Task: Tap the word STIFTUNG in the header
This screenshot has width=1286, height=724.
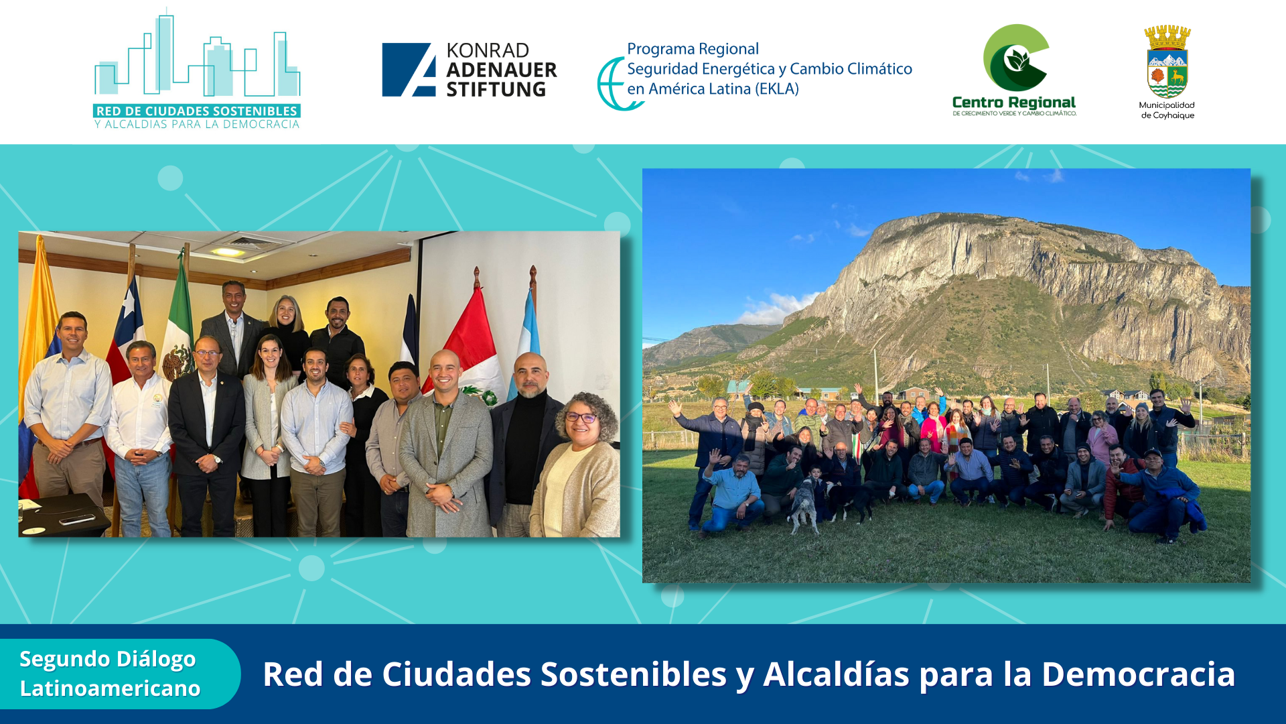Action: coord(496,89)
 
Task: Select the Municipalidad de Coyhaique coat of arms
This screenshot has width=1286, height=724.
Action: coord(1167,62)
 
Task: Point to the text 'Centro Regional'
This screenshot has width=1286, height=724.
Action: coord(1014,103)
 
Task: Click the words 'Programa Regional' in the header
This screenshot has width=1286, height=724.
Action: coord(693,49)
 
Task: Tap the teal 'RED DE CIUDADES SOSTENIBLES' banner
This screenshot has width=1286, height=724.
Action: coord(197,111)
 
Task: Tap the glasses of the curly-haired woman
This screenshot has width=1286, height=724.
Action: coord(581,417)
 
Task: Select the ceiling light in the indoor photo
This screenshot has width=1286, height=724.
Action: coord(228,252)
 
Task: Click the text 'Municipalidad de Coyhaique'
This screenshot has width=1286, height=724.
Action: coord(1167,110)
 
